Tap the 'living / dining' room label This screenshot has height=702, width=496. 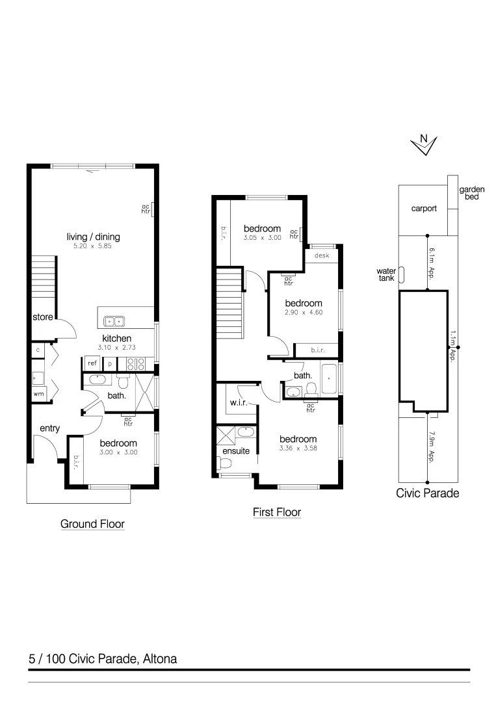94,237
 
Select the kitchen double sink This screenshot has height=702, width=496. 115,320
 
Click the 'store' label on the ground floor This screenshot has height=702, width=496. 42,318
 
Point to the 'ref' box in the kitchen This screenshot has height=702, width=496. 92,363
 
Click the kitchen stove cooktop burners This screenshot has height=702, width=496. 135,363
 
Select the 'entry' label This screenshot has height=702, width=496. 49,428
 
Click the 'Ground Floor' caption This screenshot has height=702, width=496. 92,523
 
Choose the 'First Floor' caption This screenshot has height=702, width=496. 277,512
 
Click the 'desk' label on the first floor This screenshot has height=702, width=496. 322,255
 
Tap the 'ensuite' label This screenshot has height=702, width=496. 236,450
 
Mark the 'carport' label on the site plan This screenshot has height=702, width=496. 423,209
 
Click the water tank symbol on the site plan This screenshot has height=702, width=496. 402,275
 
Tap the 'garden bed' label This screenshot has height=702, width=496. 472,192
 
